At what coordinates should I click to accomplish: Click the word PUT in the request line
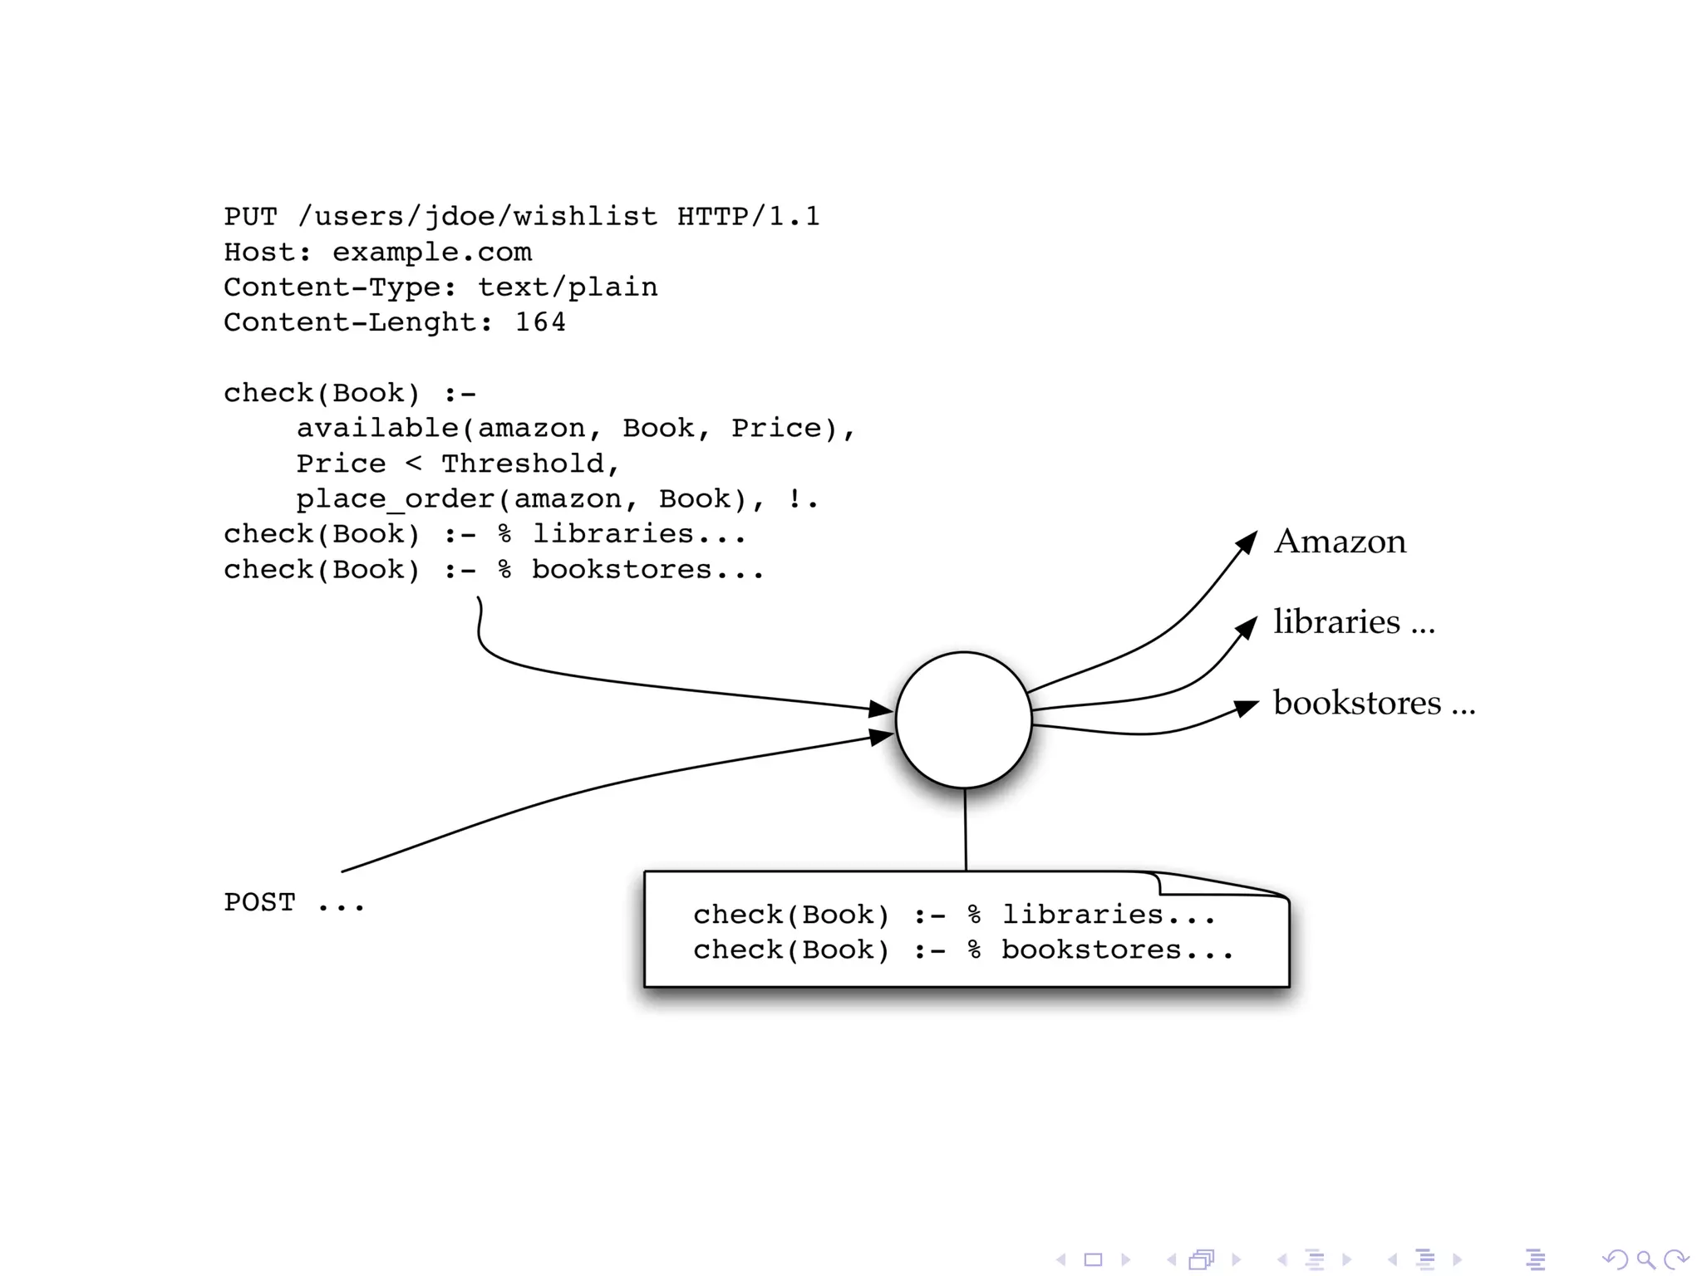tap(250, 217)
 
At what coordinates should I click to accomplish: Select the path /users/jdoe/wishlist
tap(477, 217)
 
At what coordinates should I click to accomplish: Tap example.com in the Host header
tap(431, 253)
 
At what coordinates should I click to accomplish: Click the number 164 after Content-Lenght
tap(540, 322)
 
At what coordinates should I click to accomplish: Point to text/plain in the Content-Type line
tap(568, 287)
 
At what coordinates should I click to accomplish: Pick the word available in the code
tap(377, 428)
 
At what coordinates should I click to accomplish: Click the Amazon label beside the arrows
tap(1340, 542)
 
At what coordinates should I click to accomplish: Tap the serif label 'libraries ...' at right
tap(1353, 622)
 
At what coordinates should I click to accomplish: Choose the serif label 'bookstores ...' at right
tap(1373, 704)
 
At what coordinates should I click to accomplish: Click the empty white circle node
tap(963, 719)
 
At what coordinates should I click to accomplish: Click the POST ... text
tap(293, 902)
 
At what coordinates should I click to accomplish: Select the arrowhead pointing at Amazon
tap(1247, 542)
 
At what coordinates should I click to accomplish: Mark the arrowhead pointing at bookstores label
tap(1247, 707)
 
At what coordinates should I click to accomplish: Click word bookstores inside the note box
tap(1090, 950)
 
